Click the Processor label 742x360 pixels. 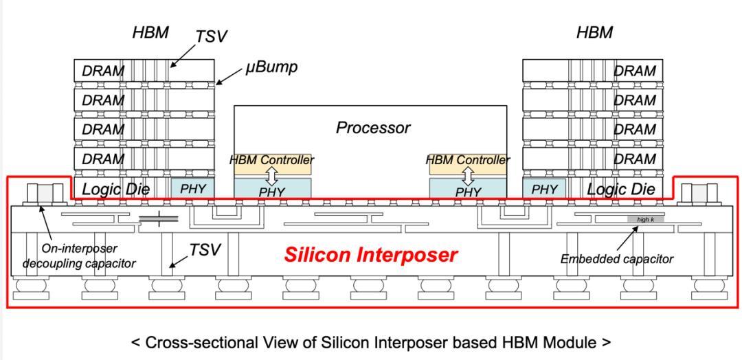373,128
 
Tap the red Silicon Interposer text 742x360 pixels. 371,255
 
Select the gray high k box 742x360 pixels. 646,219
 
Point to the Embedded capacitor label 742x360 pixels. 616,259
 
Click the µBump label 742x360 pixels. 271,67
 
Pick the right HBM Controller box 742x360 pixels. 468,164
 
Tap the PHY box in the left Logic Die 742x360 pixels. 192,188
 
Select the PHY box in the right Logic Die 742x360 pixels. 544,188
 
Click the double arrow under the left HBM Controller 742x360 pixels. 271,177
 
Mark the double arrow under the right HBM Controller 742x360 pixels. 468,177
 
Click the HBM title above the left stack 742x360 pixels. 150,33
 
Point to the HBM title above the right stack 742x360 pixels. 595,33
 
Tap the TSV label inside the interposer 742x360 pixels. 205,250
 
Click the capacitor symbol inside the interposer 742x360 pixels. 159,218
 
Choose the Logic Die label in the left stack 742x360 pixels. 116,189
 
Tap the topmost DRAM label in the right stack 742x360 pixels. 635,71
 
